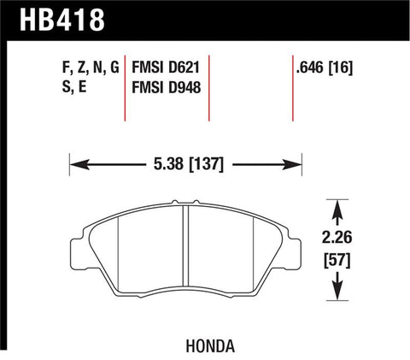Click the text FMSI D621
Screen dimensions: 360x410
(167, 66)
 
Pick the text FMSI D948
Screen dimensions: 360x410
(167, 86)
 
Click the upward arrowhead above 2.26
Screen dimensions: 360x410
(339, 205)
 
